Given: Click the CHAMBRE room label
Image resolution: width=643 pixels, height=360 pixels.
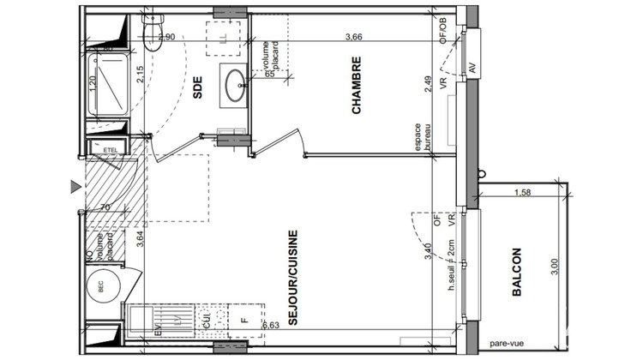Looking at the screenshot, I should [x=358, y=85].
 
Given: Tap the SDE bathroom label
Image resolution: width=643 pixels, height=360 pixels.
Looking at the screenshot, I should [x=199, y=87].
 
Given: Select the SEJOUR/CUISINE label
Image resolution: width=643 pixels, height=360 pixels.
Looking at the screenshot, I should [x=292, y=277].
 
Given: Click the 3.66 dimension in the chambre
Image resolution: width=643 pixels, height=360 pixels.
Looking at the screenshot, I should [x=353, y=38].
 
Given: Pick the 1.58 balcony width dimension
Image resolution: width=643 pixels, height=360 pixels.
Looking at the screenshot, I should [x=521, y=192].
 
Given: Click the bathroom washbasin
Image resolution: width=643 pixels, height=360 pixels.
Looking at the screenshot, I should [x=233, y=83].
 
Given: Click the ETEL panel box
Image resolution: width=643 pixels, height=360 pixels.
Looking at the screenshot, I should [x=110, y=149].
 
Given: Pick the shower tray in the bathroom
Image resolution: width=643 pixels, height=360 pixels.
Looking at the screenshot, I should [x=111, y=86].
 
